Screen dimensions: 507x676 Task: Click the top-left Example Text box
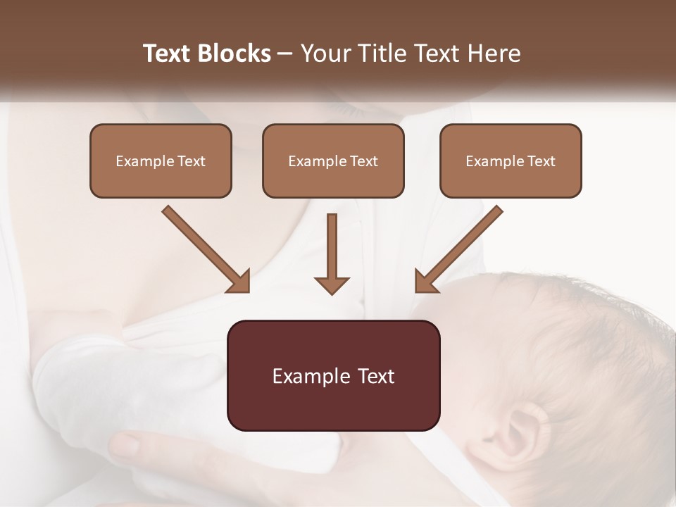tap(161, 161)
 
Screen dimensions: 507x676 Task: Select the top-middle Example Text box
tap(333, 161)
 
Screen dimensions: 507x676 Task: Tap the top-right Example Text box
tap(511, 161)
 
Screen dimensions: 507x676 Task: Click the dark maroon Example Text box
tap(333, 376)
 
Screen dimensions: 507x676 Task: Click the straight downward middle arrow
tap(332, 254)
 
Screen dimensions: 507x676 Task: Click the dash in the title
tap(285, 54)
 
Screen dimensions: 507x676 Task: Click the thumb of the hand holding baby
tap(127, 445)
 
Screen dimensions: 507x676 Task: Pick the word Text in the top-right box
tap(542, 161)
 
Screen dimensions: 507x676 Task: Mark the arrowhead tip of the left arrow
tap(248, 290)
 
